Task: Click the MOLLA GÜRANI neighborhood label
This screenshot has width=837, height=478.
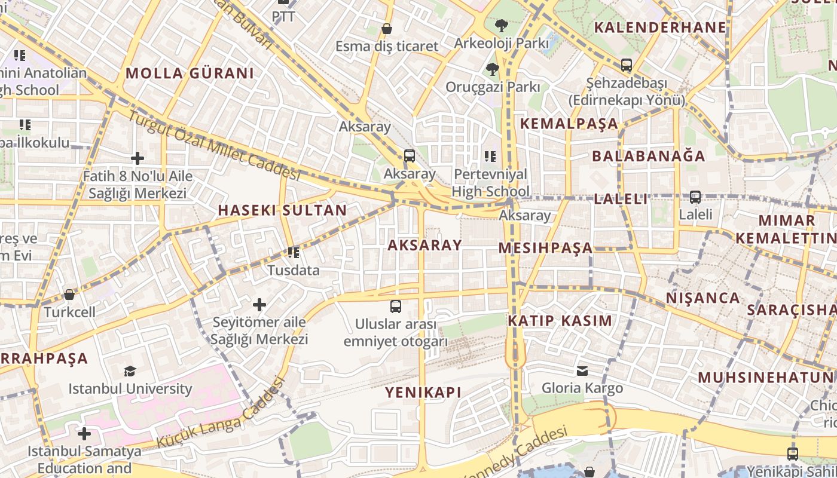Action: (x=190, y=73)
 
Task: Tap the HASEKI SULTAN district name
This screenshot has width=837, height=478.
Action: (x=282, y=210)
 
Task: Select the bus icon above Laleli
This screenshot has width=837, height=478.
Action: (x=695, y=197)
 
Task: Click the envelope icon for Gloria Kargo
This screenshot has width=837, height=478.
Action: (x=582, y=371)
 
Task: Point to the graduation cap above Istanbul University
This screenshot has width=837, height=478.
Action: (x=130, y=372)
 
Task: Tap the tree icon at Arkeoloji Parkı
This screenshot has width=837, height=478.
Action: (x=501, y=26)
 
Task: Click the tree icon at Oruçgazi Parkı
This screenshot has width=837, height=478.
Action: (x=493, y=69)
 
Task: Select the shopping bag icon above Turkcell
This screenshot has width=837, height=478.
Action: (x=69, y=295)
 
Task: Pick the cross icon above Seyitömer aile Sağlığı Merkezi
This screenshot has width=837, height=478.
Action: (x=259, y=305)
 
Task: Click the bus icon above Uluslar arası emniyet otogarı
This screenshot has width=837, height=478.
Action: (x=395, y=307)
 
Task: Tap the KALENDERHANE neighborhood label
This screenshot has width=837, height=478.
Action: (x=660, y=27)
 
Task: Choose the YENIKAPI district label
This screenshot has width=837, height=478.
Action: (x=423, y=393)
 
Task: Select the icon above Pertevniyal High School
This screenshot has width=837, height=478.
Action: (x=490, y=157)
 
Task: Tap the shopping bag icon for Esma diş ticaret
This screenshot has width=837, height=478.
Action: (x=387, y=29)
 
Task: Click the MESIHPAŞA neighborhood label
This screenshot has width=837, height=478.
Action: (x=545, y=248)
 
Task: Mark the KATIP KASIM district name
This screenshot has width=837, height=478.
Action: (x=560, y=321)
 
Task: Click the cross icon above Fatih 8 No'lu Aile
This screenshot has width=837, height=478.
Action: (x=138, y=158)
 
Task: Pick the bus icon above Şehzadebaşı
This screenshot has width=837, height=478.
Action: (x=626, y=65)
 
